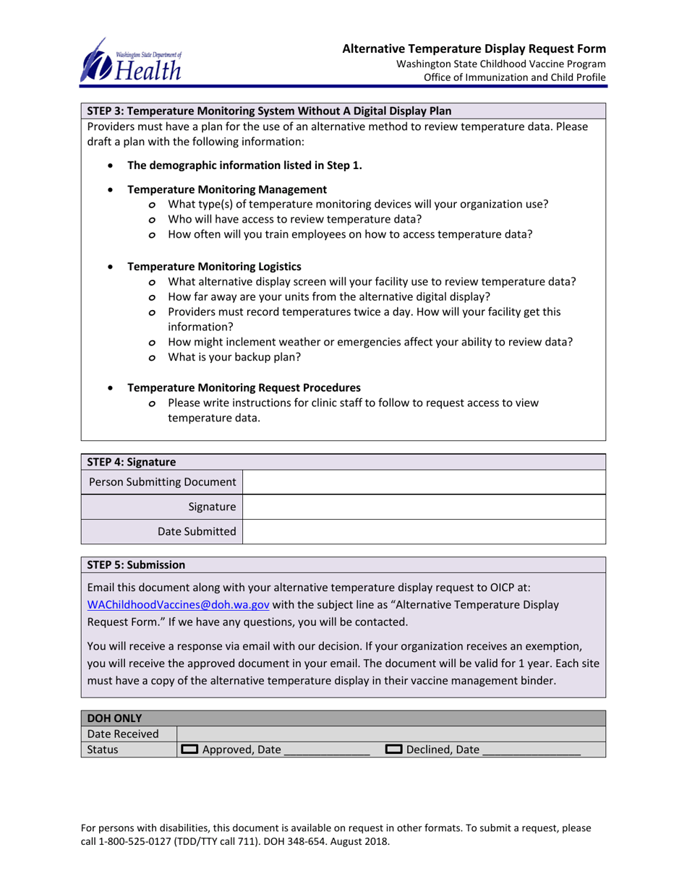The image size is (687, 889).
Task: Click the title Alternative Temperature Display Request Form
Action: click(474, 49)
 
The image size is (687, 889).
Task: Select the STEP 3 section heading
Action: click(270, 111)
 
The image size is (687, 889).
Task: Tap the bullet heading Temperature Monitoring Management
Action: click(227, 189)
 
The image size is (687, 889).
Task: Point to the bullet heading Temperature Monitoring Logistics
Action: click(214, 267)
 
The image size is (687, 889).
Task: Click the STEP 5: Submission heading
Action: click(136, 564)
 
